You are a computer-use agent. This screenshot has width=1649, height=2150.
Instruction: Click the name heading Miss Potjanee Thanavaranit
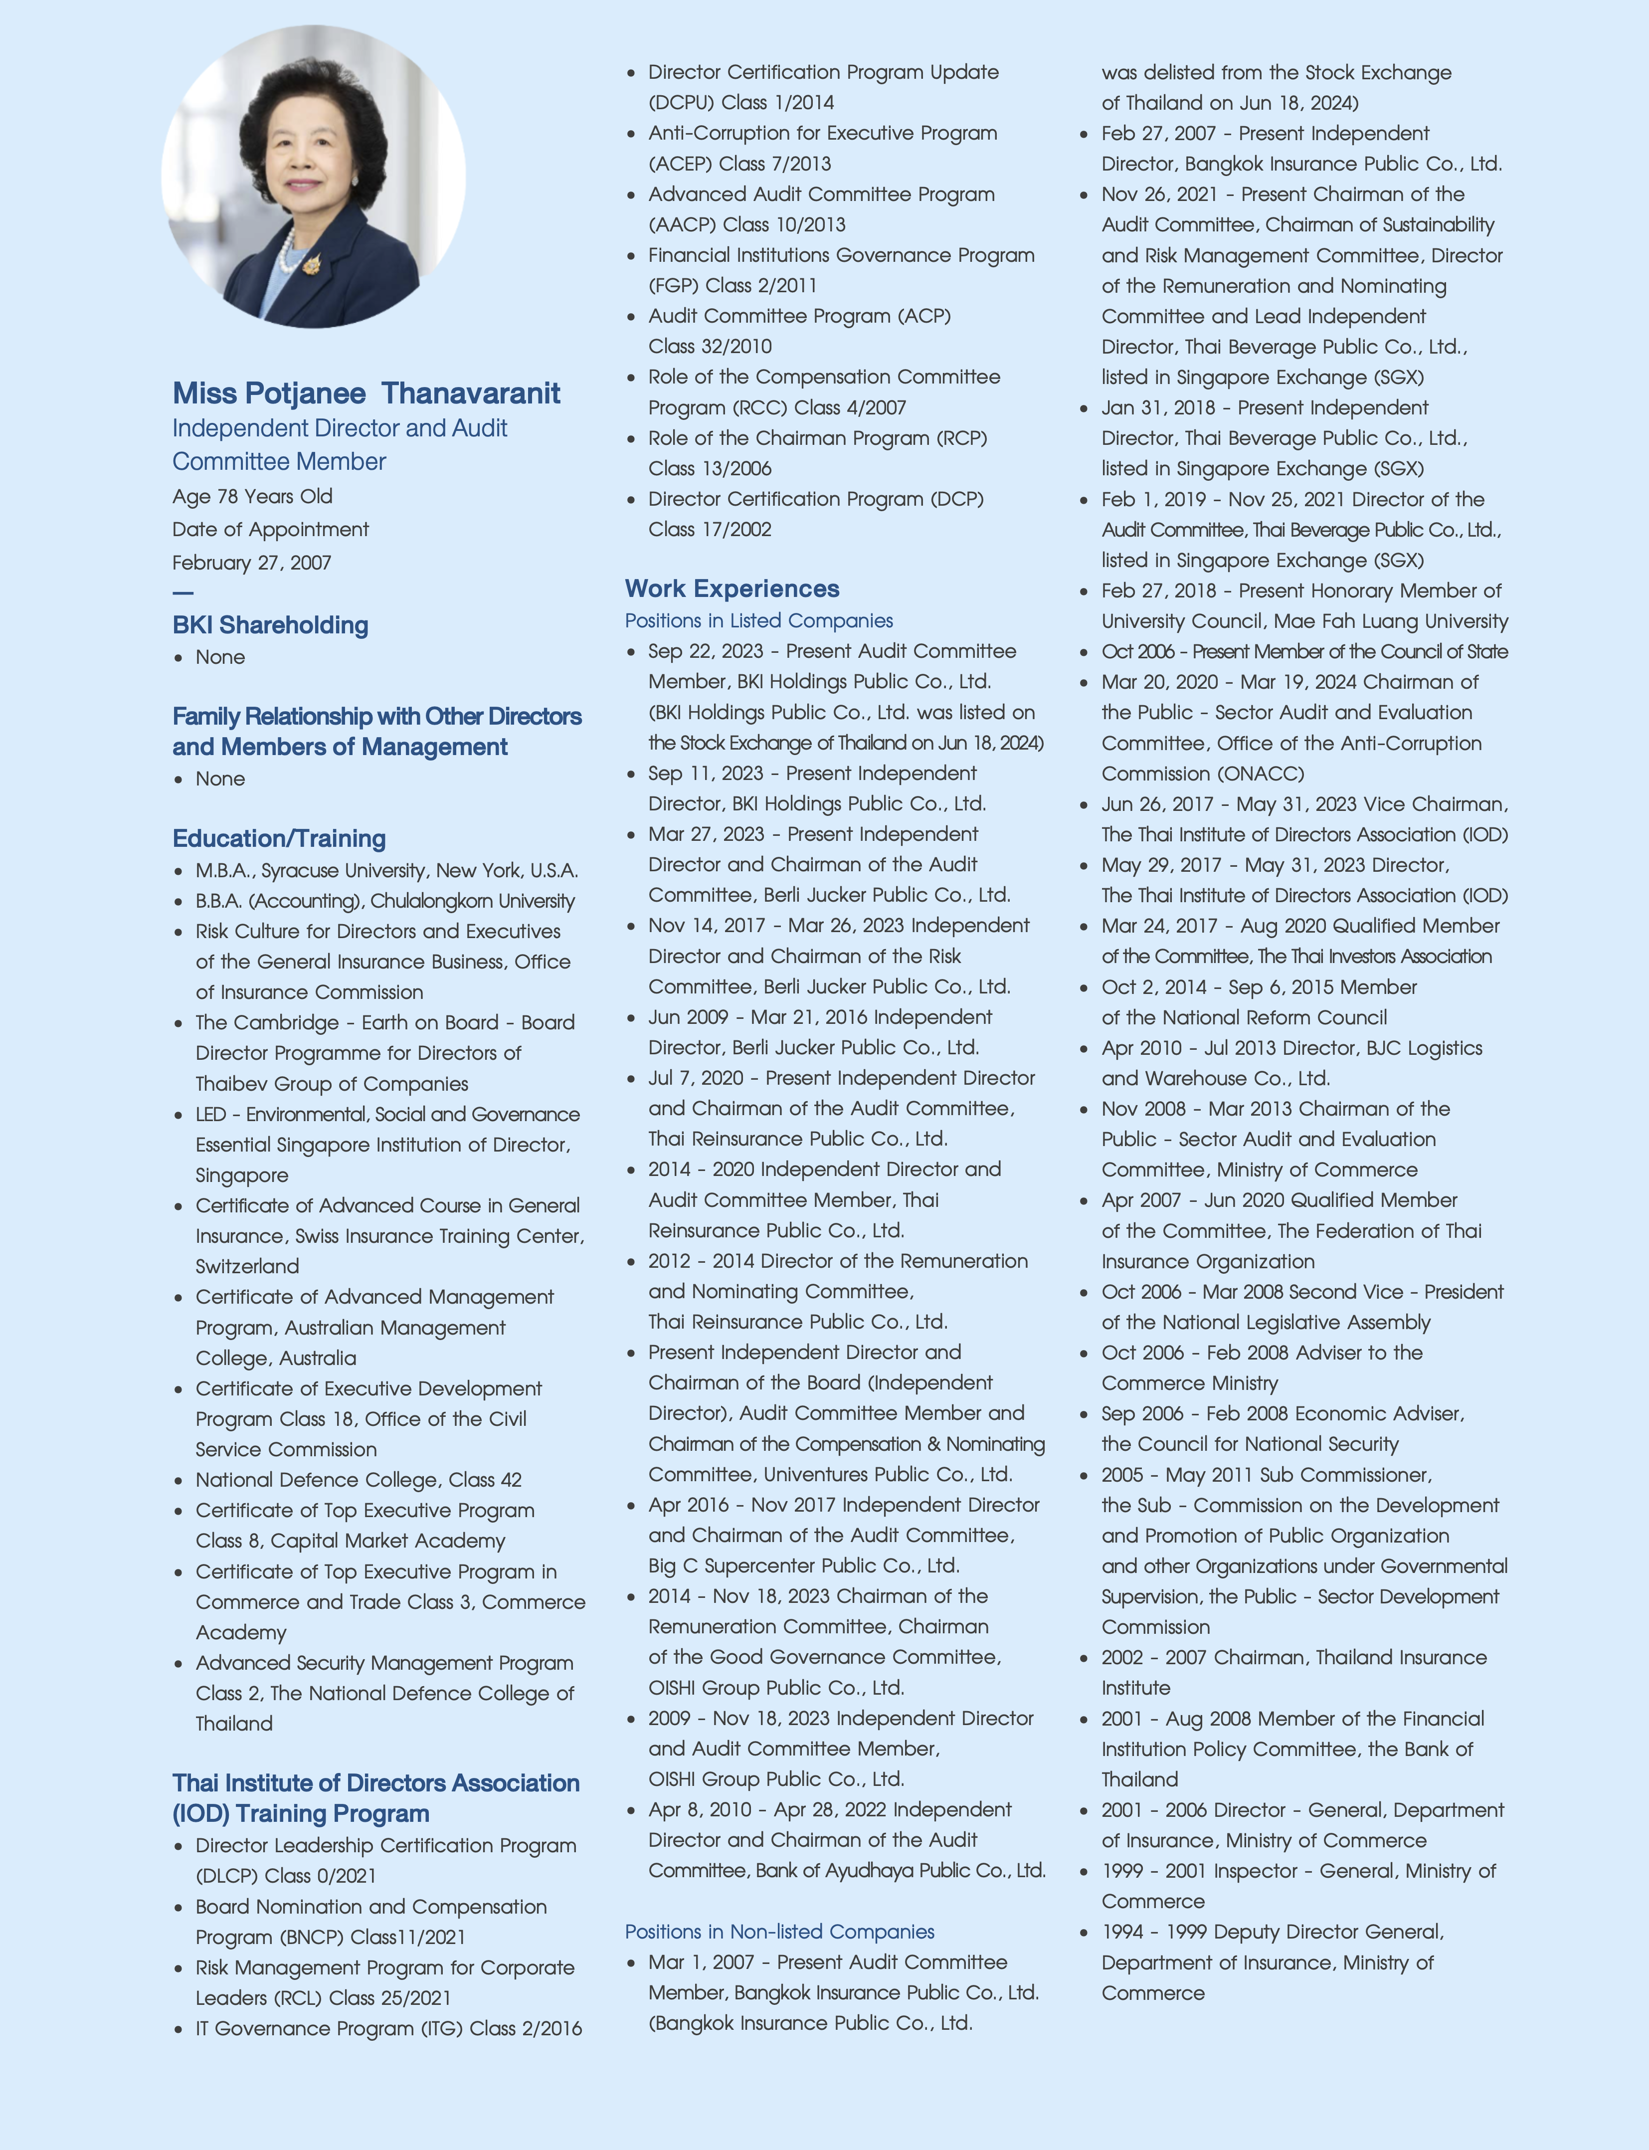(366, 393)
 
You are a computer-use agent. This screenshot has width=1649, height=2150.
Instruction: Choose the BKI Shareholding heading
(270, 625)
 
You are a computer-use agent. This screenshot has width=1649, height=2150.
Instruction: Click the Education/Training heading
(279, 838)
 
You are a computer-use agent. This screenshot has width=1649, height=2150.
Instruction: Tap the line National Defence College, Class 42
(358, 1480)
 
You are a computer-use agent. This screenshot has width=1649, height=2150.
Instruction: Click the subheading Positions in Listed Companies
(759, 620)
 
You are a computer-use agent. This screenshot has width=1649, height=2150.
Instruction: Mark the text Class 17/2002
(710, 529)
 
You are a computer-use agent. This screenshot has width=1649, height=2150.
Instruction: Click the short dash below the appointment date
(183, 593)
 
